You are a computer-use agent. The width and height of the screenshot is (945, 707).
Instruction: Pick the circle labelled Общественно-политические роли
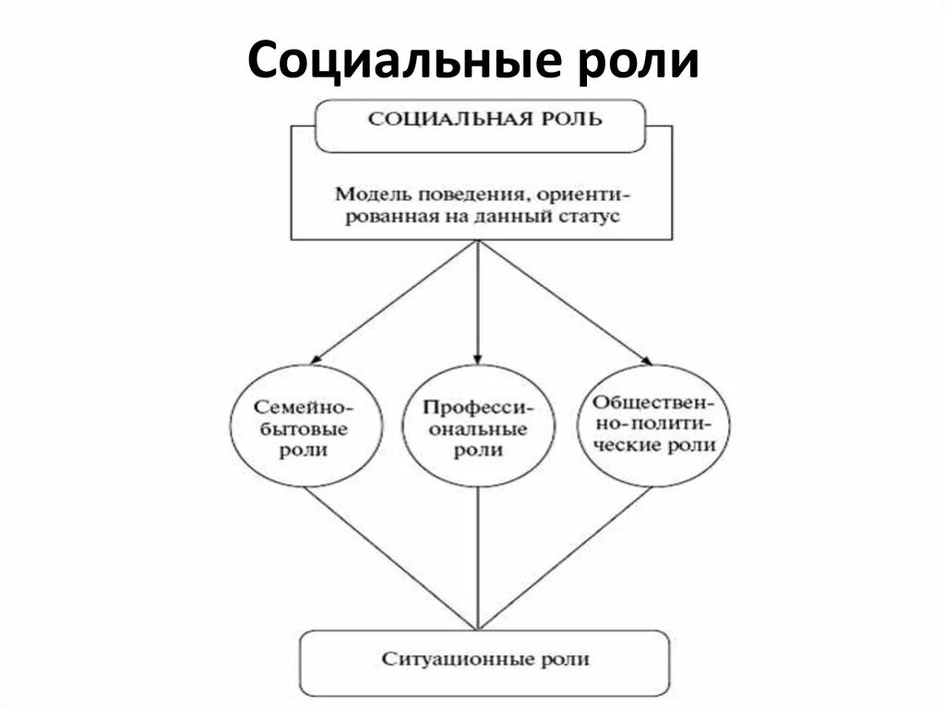[x=656, y=424]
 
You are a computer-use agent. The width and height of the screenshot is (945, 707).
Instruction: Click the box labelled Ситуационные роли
[x=484, y=661]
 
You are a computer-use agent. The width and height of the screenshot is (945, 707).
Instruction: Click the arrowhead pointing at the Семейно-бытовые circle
[x=317, y=358]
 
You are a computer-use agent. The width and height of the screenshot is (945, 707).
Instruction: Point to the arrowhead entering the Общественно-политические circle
[x=645, y=359]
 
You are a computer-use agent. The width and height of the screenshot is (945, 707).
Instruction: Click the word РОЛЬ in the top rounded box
[x=574, y=119]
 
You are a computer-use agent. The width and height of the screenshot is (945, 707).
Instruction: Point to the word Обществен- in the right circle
[x=655, y=403]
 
